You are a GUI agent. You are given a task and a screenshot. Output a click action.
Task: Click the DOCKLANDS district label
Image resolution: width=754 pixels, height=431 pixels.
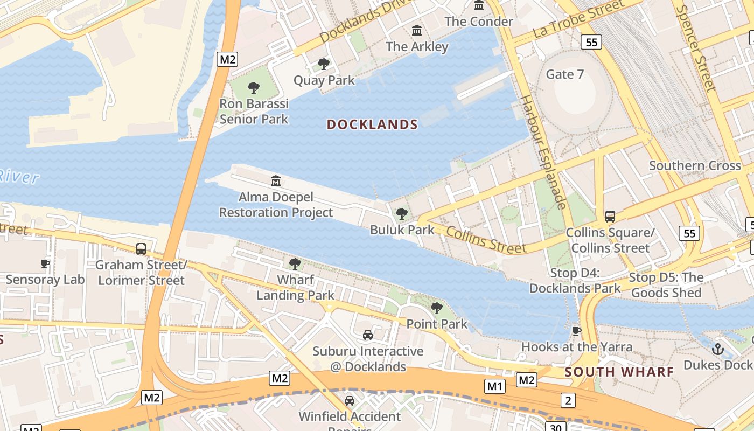[372, 124]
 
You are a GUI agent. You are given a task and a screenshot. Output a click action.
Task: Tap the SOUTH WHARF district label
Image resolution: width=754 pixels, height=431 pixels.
[619, 372]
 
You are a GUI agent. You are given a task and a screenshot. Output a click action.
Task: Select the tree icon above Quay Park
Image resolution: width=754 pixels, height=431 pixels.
[324, 65]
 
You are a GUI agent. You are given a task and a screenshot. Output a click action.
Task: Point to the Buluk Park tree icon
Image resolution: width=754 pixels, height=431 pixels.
[402, 214]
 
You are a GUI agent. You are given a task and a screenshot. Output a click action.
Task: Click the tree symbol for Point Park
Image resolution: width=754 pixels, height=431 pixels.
[437, 308]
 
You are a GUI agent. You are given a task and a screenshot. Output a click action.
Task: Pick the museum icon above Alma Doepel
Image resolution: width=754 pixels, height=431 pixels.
[276, 180]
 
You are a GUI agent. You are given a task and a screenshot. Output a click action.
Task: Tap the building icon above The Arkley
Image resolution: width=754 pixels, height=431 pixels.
[417, 31]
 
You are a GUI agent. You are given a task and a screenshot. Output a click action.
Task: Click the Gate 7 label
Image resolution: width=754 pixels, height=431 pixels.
[565, 74]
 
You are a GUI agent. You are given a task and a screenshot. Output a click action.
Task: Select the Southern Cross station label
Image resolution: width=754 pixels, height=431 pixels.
[695, 165]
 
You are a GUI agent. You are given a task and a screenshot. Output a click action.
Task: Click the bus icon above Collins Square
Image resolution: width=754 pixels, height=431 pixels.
[610, 217]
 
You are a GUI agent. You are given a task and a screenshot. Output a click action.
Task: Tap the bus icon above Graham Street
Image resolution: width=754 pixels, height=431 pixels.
[141, 249]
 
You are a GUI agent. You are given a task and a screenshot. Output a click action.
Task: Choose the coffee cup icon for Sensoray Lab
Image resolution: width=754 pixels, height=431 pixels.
[45, 263]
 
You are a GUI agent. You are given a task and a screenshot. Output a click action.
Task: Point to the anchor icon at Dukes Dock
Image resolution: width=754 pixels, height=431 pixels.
[717, 349]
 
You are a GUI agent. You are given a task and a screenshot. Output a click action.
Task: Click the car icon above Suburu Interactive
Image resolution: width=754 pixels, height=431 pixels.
[368, 335]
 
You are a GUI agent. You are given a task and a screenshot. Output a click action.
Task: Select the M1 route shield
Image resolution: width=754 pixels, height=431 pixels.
[495, 386]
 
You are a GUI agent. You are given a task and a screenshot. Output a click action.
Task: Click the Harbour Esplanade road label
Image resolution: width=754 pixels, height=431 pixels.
[543, 152]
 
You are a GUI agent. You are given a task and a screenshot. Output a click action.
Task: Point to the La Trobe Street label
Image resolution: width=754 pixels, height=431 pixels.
[578, 18]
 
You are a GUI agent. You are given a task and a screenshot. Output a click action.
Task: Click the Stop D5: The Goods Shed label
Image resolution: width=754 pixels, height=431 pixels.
[666, 285]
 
